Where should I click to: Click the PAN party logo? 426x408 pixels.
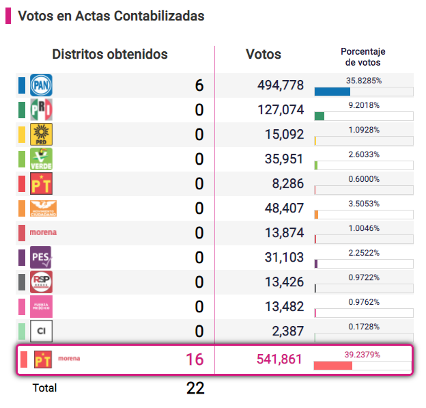41,85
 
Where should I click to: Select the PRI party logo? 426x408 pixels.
41,110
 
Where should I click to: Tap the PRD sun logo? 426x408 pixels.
41,135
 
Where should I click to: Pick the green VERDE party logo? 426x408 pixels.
41,159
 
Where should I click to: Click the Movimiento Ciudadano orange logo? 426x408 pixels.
44,208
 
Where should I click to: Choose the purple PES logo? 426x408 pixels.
41,258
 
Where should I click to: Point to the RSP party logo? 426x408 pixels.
41,282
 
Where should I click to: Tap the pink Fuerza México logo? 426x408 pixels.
41,307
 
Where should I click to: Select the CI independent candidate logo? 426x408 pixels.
41,331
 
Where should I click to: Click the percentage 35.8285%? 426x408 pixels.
363,81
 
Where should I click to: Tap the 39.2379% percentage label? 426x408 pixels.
363,354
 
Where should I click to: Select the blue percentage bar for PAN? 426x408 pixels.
332,92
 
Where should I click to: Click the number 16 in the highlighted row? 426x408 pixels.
195,359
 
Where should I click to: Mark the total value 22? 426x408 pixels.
195,388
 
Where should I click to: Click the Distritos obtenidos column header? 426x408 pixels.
110,55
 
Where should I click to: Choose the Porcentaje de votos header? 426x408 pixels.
363,57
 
